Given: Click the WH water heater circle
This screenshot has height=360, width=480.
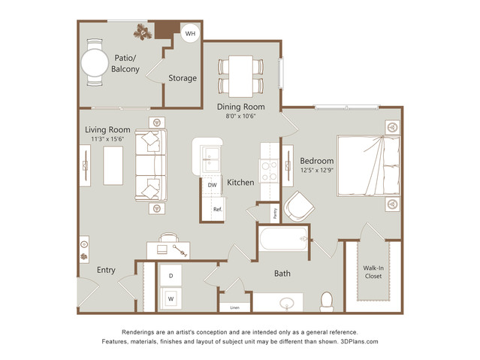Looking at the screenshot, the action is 190,33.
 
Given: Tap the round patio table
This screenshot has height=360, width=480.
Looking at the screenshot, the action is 95,63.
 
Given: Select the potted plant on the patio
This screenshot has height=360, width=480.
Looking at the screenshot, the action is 143,32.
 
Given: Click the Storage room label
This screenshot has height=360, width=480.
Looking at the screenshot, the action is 183,78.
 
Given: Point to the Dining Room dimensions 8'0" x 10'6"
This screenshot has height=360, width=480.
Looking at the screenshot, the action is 240,116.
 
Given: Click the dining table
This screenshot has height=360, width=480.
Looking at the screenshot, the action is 240,76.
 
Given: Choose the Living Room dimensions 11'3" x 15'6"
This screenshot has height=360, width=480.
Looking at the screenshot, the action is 107,139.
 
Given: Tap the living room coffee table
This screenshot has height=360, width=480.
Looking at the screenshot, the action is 113,165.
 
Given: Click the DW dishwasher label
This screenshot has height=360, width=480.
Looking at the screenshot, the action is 212,185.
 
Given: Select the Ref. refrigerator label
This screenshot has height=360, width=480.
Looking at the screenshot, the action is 218,210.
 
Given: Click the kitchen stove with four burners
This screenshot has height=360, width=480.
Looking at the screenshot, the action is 268,171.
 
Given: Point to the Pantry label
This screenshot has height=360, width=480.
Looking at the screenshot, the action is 275,213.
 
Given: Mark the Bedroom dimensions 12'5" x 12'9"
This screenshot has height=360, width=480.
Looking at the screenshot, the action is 317,170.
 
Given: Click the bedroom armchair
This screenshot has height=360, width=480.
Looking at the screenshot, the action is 299,206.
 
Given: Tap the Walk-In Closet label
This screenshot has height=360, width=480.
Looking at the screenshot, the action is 373,272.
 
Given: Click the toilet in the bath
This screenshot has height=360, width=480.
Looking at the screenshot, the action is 326,301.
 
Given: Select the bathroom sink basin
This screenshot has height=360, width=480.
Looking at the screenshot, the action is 287,304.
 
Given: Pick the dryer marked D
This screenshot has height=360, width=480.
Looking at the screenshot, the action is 171,275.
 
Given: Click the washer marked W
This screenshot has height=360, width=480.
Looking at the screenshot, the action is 171,298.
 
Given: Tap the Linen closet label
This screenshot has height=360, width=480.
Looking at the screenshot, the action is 235,307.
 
